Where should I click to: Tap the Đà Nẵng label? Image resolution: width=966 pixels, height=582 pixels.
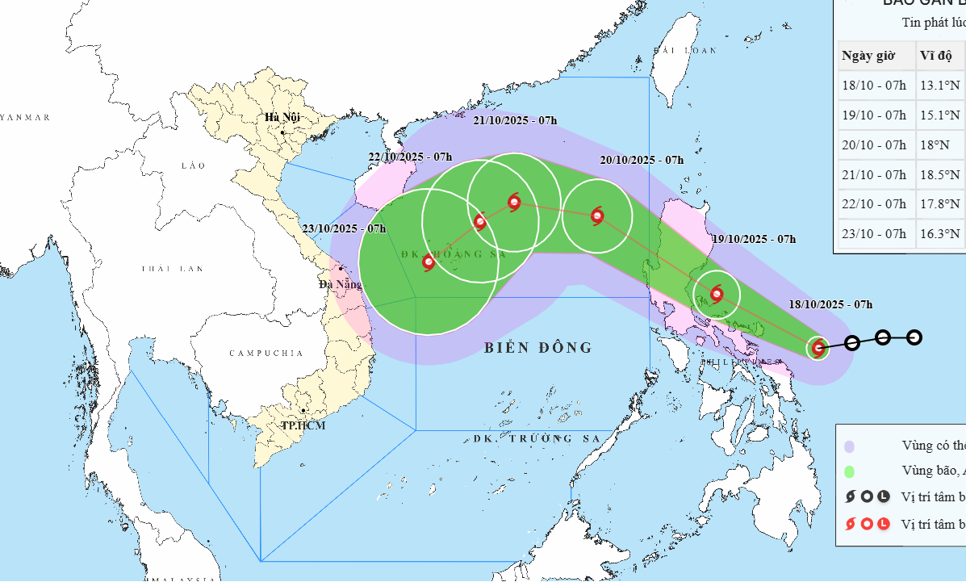339,283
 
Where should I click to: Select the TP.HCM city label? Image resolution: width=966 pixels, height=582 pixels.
303,425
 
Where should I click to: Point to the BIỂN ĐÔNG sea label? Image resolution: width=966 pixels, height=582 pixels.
538,348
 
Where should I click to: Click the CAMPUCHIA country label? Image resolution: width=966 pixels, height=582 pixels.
266,354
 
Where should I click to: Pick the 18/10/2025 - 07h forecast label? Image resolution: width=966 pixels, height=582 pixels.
832,304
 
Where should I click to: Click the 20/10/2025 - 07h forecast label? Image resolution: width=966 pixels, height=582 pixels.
642,160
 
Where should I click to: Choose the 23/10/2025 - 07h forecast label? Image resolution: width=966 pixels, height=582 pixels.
345,228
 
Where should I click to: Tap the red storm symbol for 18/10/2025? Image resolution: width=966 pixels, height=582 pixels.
818,349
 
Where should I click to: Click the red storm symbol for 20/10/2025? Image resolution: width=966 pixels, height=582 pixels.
597,216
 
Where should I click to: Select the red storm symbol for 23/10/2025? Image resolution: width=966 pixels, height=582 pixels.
429,262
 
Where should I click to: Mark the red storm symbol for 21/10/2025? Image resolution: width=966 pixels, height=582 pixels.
514,203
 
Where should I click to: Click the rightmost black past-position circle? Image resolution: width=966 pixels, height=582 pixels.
914,337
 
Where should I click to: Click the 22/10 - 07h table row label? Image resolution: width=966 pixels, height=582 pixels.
874,203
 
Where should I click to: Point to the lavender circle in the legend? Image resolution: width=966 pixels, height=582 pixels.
848,446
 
